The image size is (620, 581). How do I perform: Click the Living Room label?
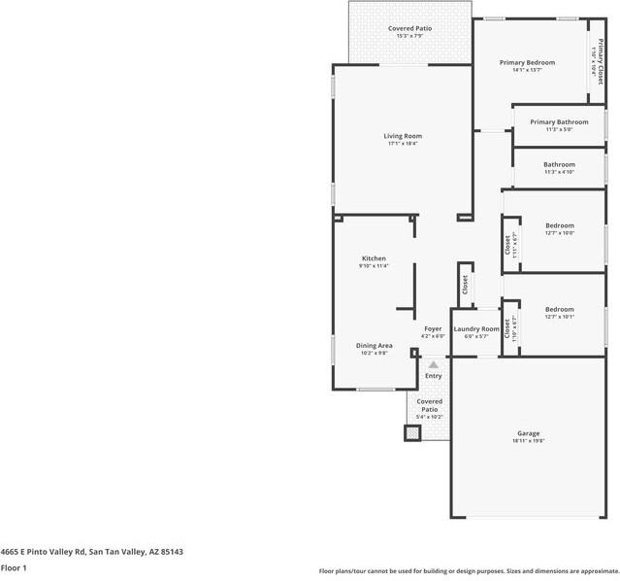coord(403,136)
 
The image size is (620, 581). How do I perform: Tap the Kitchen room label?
coord(374,258)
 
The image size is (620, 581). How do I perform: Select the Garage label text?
coord(528,433)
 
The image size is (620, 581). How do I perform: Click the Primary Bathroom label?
coord(559,122)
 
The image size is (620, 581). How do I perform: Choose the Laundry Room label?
coord(475,329)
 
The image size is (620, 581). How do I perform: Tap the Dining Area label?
coord(374,346)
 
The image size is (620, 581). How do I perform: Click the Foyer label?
coord(433,329)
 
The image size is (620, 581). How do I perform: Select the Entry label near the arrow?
coord(433,376)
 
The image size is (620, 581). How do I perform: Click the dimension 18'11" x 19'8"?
coord(528,441)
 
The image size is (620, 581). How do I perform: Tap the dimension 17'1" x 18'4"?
coord(403,144)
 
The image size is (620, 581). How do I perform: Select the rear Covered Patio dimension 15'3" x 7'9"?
coord(410,37)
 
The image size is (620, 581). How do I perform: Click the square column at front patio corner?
coord(412,433)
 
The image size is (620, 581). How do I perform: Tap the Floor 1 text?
coord(14,567)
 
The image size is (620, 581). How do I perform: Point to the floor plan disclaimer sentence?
coord(469,571)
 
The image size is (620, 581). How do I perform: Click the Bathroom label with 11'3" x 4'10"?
coord(559,165)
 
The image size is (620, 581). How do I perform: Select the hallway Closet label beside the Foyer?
coord(465,285)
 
